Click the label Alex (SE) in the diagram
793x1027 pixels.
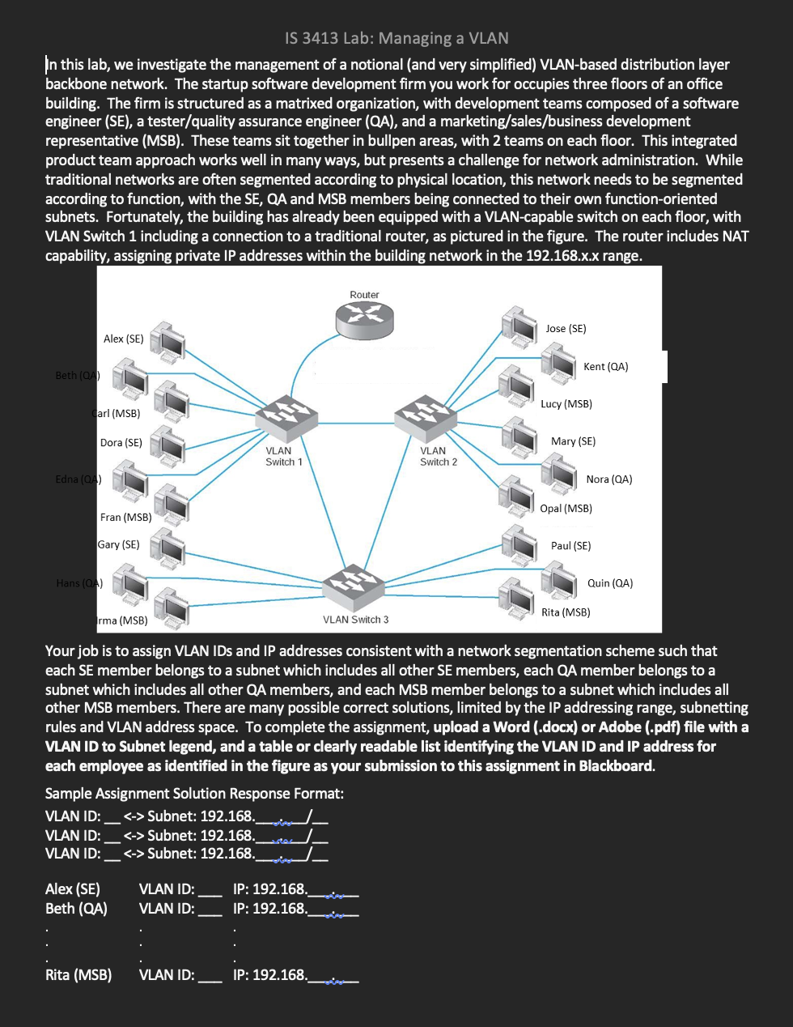pos(124,339)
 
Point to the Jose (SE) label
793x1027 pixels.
pos(566,328)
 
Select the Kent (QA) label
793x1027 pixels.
pos(605,366)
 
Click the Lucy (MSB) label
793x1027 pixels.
pos(566,403)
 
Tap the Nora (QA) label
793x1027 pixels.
pos(609,479)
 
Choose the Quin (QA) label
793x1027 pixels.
pos(610,582)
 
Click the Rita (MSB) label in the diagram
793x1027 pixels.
pos(566,612)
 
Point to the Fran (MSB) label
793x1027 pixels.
pos(125,517)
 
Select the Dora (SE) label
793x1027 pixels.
pos(121,442)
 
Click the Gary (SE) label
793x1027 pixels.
pos(119,544)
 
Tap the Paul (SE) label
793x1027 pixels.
pos(570,545)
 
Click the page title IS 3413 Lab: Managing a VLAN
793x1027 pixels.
pos(396,38)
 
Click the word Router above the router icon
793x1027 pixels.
pos(364,295)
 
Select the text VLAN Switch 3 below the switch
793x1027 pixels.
pos(355,620)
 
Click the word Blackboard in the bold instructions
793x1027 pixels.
pos(616,765)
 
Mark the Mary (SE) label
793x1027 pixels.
pos(573,441)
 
